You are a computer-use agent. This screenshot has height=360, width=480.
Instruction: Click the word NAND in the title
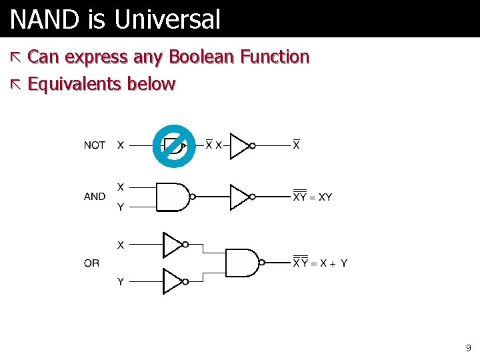[45, 20]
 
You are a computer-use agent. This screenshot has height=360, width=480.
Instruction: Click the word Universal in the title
[167, 20]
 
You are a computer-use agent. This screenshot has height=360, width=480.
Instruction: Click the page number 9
[468, 348]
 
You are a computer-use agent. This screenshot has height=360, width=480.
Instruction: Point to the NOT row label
[95, 145]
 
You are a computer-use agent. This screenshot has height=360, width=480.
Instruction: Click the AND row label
[95, 197]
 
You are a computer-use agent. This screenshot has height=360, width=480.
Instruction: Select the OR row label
[92, 263]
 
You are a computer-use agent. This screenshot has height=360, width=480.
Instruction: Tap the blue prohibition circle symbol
[173, 144]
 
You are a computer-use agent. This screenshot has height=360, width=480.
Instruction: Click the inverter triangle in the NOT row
[240, 145]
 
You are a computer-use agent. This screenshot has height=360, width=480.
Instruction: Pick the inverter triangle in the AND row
[240, 197]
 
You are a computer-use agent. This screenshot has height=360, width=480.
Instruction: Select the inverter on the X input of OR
[173, 245]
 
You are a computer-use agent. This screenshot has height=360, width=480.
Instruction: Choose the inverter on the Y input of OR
[173, 281]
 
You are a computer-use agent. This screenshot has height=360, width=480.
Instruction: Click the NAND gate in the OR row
[242, 263]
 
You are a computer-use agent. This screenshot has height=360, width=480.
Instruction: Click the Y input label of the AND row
[120, 207]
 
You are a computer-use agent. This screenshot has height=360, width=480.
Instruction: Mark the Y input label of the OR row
[120, 282]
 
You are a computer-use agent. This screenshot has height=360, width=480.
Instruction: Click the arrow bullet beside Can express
[17, 58]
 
